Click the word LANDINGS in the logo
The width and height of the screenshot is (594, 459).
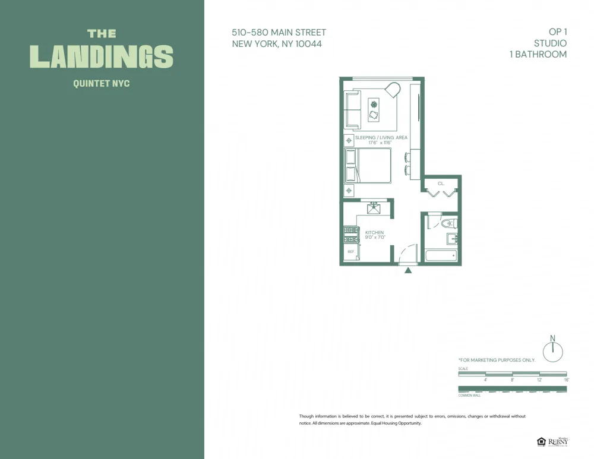pyautogui.click(x=102, y=56)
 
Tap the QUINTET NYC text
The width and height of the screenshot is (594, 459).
pyautogui.click(x=102, y=84)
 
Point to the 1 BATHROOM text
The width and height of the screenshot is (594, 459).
pyautogui.click(x=538, y=54)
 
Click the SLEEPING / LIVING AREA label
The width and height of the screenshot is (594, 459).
pyautogui.click(x=381, y=138)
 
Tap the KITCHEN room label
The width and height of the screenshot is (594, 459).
pyautogui.click(x=374, y=233)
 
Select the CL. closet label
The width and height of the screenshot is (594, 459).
pyautogui.click(x=441, y=183)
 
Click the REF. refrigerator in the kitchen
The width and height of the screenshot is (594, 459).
pyautogui.click(x=350, y=252)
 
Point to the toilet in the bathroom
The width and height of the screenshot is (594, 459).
pyautogui.click(x=447, y=224)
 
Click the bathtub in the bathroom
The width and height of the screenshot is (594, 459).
pyautogui.click(x=441, y=256)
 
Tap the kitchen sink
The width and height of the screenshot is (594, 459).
pyautogui.click(x=374, y=208)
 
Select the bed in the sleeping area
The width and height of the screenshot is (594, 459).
pyautogui.click(x=369, y=166)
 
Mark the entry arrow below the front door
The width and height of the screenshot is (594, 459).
pyautogui.click(x=408, y=271)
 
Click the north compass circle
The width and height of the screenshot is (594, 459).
pyautogui.click(x=552, y=352)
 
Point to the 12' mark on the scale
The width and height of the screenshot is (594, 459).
pyautogui.click(x=539, y=379)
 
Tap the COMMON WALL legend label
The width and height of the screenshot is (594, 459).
pyautogui.click(x=469, y=395)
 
